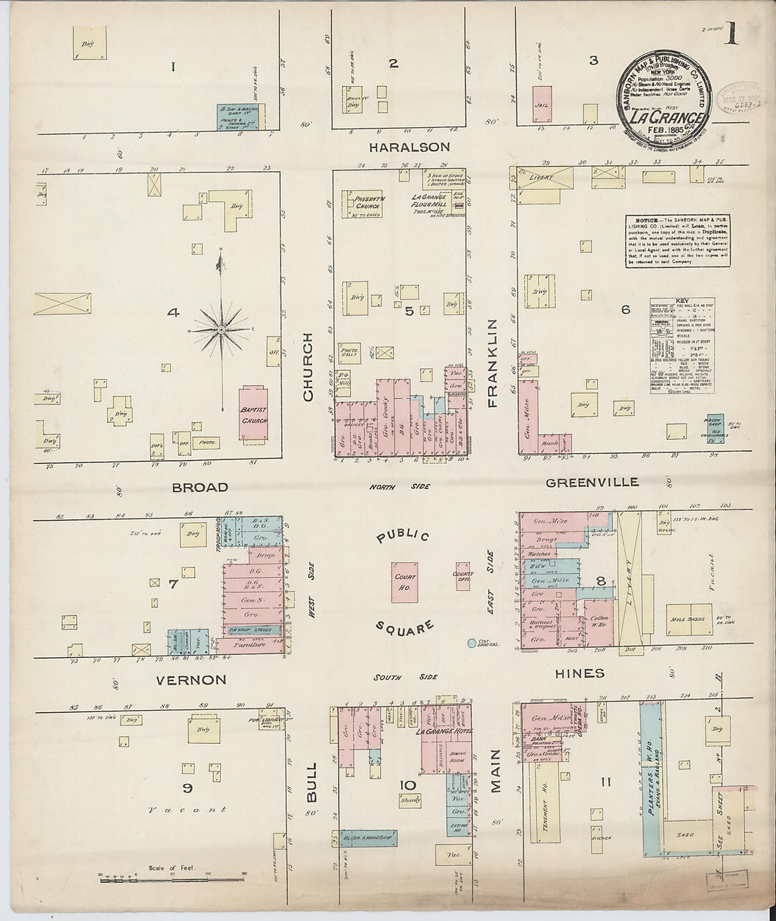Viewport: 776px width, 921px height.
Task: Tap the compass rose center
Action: click(x=222, y=330)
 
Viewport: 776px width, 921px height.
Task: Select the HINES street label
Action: click(x=579, y=673)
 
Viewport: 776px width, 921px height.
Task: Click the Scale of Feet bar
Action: click(x=174, y=880)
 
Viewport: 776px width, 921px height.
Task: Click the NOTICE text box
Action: click(x=677, y=241)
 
